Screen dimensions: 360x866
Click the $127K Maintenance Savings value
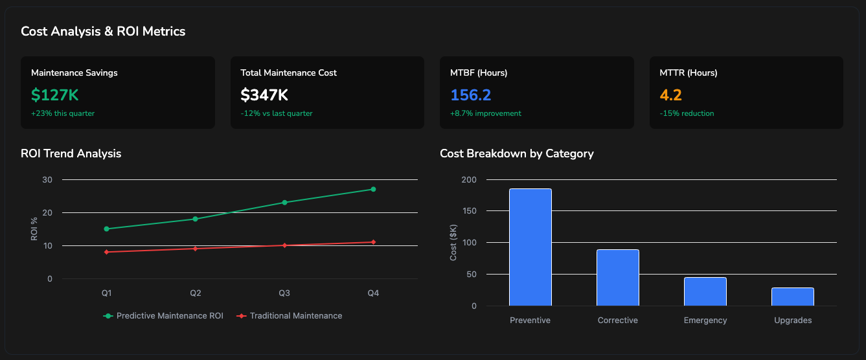coord(55,95)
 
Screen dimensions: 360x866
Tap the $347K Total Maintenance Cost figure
coord(264,95)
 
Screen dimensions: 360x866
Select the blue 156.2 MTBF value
coord(470,95)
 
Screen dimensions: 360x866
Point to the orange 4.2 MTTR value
coord(670,95)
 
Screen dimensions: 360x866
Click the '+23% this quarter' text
coord(63,113)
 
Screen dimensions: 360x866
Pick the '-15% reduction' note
coord(687,113)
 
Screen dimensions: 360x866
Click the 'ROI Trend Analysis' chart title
coord(71,153)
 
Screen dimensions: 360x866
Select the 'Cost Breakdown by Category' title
coord(516,153)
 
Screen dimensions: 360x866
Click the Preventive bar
coord(530,247)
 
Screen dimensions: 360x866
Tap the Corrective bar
coord(617,277)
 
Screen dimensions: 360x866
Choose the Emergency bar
coord(705,291)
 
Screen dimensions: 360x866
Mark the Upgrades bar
coord(792,297)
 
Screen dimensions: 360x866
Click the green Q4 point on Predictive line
coord(373,189)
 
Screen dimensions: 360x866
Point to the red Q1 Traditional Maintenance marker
coord(106,252)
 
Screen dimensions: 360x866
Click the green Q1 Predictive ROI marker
coord(106,229)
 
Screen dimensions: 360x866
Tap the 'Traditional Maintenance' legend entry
coord(290,316)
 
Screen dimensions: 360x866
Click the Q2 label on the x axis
coord(195,293)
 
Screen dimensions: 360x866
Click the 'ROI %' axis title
coord(34,229)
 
